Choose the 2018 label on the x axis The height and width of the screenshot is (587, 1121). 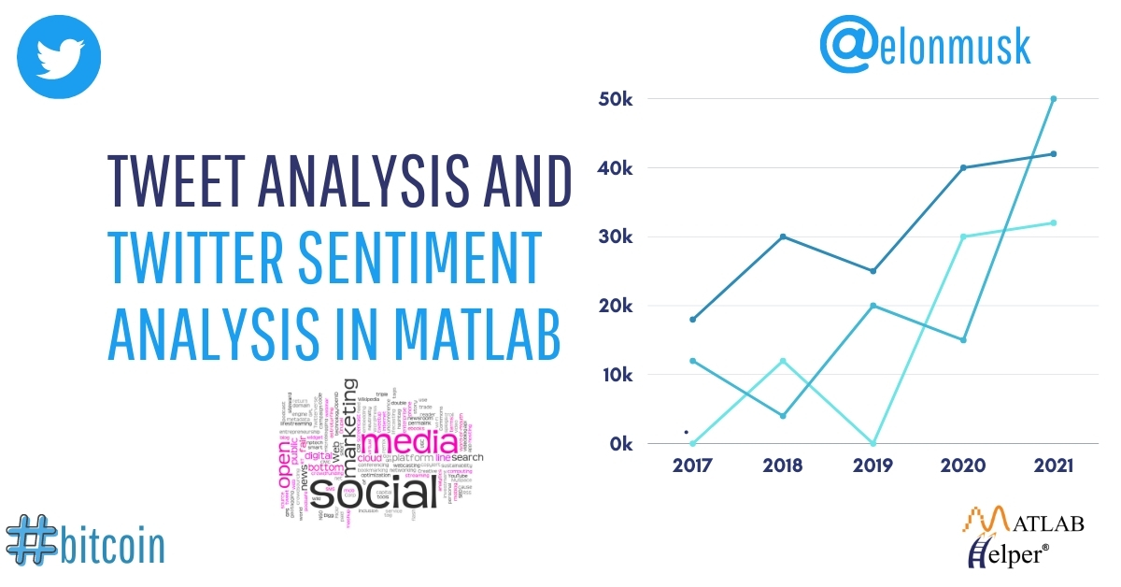783,465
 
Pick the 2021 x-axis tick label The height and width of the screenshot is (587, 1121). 1054,465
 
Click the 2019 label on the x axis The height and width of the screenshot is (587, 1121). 873,465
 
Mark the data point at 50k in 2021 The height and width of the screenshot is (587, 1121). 1054,99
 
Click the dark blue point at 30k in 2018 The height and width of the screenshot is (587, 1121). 783,236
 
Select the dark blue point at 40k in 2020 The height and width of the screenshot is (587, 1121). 963,168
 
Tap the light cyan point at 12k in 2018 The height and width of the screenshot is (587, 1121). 783,361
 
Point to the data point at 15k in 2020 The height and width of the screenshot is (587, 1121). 963,340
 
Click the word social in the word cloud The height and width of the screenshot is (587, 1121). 374,492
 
